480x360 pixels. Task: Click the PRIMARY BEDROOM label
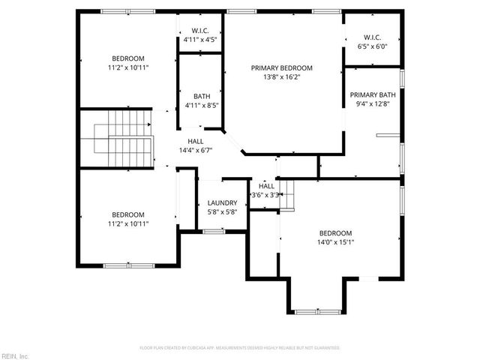[x=281, y=67]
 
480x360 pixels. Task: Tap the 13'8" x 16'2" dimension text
[x=281, y=77]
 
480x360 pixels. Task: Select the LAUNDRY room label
[x=222, y=202]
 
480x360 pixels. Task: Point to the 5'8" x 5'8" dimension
[x=222, y=212]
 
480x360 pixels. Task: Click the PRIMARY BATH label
[x=373, y=95]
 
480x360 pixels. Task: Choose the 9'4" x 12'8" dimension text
[x=373, y=105]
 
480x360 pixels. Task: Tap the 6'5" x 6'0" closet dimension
[x=372, y=46]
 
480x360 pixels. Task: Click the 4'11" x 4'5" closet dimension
[x=199, y=39]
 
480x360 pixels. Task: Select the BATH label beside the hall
[x=202, y=96]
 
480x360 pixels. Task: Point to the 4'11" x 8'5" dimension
[x=201, y=106]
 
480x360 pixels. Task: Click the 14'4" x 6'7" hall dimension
[x=196, y=151]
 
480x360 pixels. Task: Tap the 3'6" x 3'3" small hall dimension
[x=266, y=195]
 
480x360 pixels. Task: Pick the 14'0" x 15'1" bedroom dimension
[x=335, y=242]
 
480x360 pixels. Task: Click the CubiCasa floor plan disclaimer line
[x=240, y=348]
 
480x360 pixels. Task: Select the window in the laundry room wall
[x=214, y=232]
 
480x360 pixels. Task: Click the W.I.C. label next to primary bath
[x=372, y=37]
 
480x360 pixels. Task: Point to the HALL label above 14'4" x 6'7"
[x=196, y=141]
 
